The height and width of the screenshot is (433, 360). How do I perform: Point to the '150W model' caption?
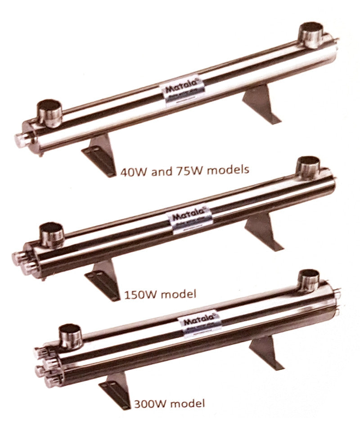159,295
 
